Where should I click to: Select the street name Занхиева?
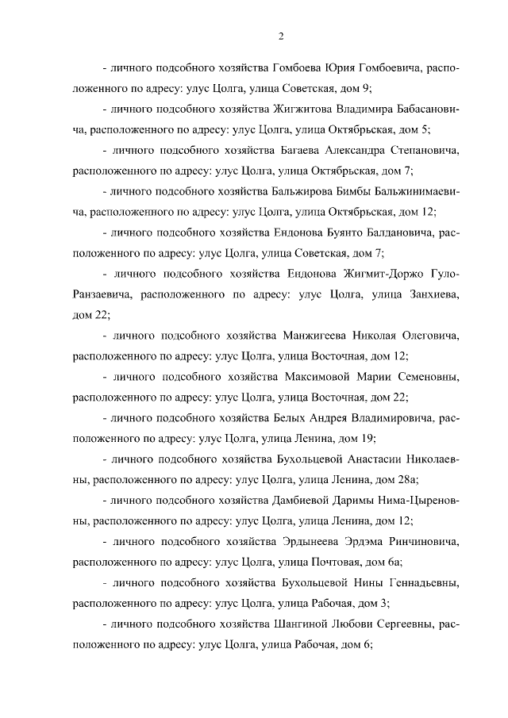click(x=428, y=295)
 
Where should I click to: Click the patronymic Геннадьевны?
click(x=419, y=583)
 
